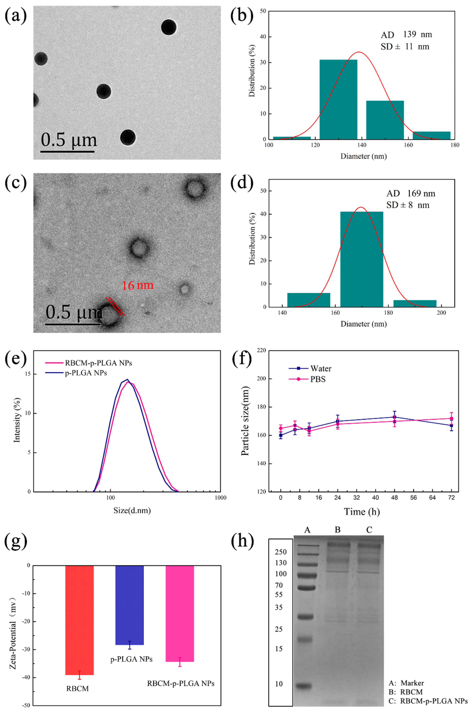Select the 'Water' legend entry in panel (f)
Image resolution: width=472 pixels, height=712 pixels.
click(321, 369)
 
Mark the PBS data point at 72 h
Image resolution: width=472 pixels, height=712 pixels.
click(451, 419)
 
